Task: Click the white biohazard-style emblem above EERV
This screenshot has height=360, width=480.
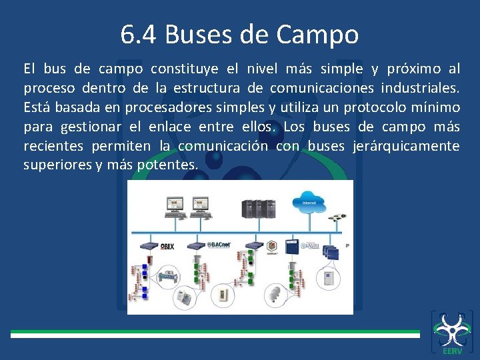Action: click(451, 329)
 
